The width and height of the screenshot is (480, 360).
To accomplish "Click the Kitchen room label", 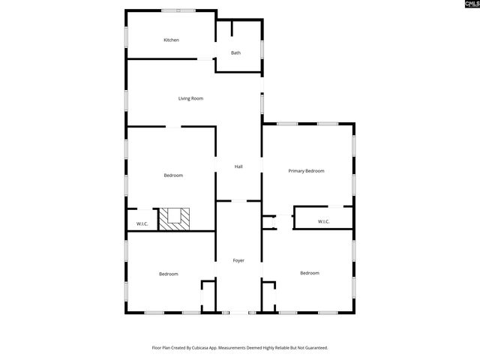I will coord(171,40).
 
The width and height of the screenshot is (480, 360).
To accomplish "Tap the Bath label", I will coord(235,53).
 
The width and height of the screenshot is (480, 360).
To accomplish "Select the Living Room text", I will coord(190,98).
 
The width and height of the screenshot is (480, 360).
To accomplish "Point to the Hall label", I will coord(238,166).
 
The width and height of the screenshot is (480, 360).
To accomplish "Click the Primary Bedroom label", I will coord(307,171).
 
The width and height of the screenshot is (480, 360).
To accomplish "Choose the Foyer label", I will coord(238,260).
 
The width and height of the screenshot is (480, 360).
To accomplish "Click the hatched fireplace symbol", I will coord(178,217).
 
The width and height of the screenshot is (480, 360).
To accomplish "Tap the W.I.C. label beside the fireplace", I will coord(142,224).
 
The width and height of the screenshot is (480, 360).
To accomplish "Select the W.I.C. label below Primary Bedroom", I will coord(323,221).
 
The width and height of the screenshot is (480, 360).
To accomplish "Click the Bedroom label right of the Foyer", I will coord(310,273).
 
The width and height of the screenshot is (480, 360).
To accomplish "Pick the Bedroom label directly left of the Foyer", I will coord(168,274).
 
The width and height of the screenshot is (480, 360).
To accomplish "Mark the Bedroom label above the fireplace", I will coord(173,175).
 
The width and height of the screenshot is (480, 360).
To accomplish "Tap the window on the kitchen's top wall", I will coord(178,10).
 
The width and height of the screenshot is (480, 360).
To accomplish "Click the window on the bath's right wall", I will coord(262,47).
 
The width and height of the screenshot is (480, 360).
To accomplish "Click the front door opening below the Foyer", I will coord(238,313).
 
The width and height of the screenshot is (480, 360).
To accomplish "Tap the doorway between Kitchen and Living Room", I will coord(204,58).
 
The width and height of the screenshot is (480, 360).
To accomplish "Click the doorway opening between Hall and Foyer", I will coord(238,201).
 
